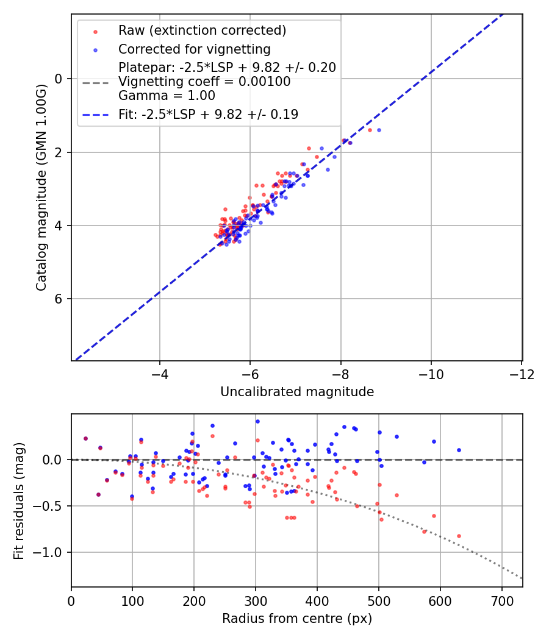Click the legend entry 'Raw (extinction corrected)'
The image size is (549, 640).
pyautogui.click(x=202, y=30)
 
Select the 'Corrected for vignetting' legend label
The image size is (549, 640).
pyautogui.click(x=195, y=49)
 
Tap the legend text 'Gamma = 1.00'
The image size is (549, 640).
pyautogui.click(x=167, y=96)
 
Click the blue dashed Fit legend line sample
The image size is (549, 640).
pyautogui.click(x=96, y=115)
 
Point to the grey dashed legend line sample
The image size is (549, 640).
pyautogui.click(x=96, y=83)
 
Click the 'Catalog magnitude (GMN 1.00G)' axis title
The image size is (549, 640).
pyautogui.click(x=41, y=188)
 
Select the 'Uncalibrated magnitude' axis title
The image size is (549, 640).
pyautogui.click(x=297, y=392)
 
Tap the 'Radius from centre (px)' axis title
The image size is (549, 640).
pyautogui.click(x=297, y=619)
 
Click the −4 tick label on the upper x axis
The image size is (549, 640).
pyautogui.click(x=159, y=374)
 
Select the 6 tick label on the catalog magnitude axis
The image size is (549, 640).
pyautogui.click(x=58, y=299)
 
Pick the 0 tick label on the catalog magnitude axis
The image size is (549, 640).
pyautogui.click(x=58, y=79)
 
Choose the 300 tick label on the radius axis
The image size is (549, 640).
pyautogui.click(x=256, y=601)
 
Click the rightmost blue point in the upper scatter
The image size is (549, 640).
pyautogui.click(x=379, y=130)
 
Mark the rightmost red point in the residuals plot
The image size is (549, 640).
pyautogui.click(x=459, y=536)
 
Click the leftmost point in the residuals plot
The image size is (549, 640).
pyautogui.click(x=86, y=438)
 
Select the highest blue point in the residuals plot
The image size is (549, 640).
pyautogui.click(x=258, y=422)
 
